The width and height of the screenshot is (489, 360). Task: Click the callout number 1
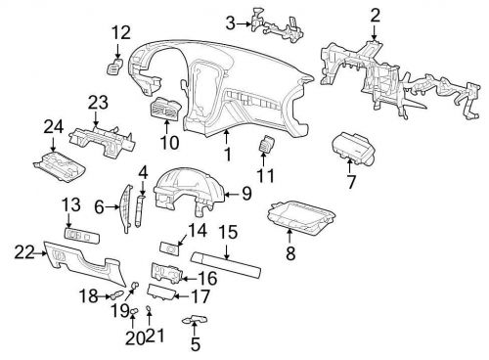227,154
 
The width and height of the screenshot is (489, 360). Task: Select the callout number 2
374,14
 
